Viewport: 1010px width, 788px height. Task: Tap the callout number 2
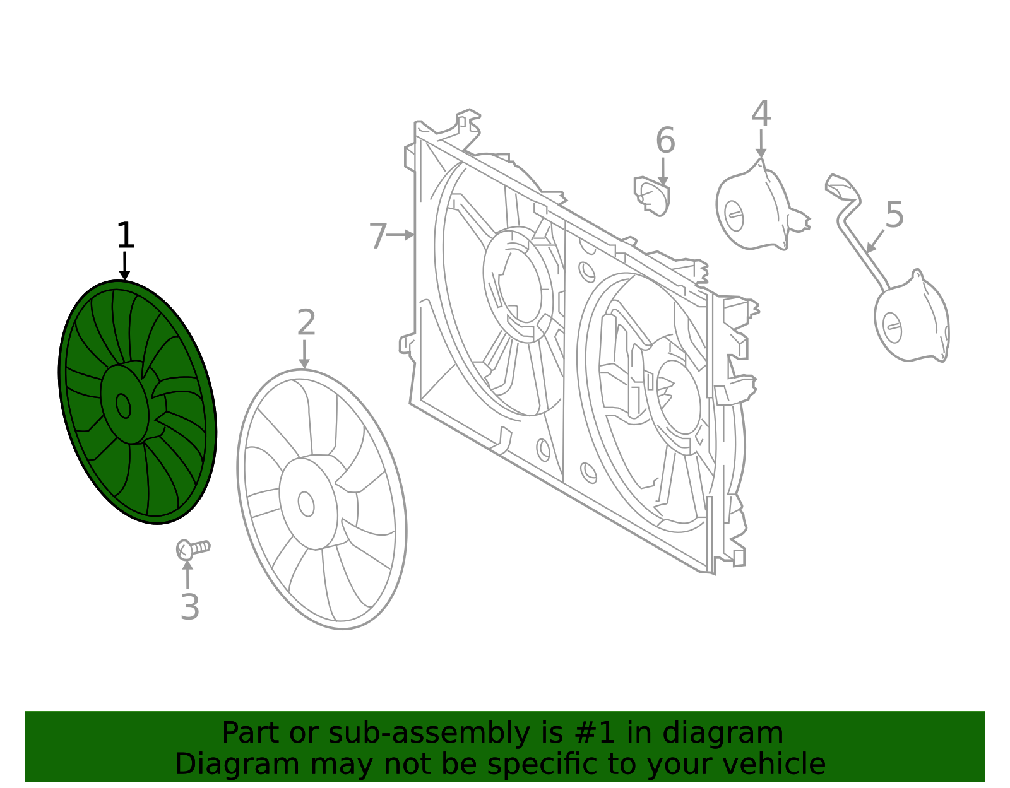coord(306,322)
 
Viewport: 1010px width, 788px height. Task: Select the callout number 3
coord(189,606)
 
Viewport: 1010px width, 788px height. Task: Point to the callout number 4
coord(761,114)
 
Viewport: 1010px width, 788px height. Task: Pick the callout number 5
coord(894,215)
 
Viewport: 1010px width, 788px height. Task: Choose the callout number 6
coord(665,140)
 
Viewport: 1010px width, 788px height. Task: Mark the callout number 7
coord(378,236)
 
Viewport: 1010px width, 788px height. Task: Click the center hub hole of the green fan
coord(123,406)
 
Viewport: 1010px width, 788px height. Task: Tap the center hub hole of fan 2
coord(306,504)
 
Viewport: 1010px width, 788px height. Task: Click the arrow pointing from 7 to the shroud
coord(400,235)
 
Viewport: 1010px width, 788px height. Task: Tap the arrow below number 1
coord(124,266)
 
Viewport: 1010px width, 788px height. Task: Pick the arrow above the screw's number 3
coord(187,574)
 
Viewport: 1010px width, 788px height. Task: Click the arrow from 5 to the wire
coord(875,242)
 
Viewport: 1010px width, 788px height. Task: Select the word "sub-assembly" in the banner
coord(429,733)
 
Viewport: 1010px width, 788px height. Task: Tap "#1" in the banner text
coord(595,732)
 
